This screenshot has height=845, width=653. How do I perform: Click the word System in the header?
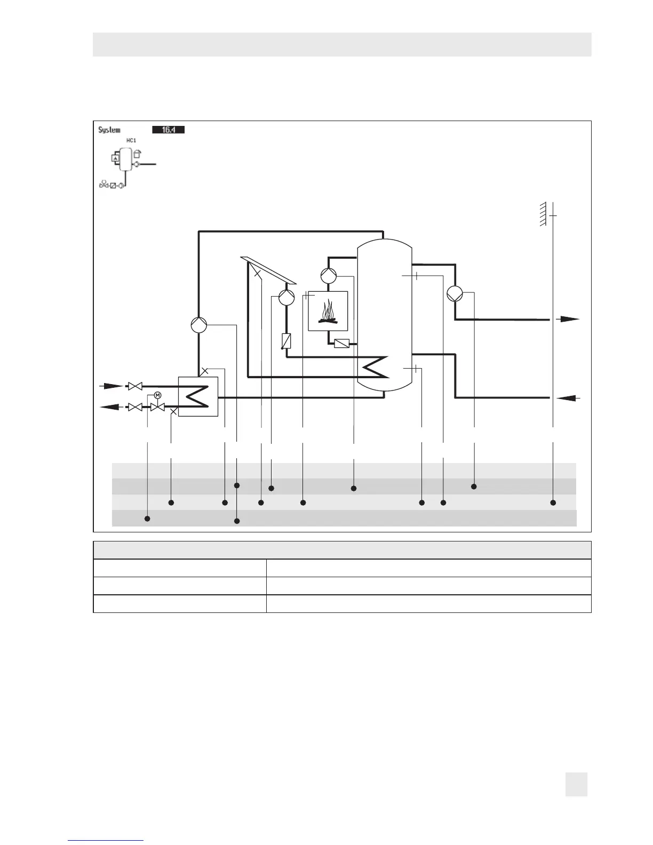tap(109, 130)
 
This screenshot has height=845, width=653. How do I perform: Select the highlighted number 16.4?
tap(168, 130)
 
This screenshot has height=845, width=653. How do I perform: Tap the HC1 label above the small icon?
tap(130, 140)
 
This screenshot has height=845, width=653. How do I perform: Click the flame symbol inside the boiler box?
tap(328, 312)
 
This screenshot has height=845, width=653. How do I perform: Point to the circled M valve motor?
tap(157, 395)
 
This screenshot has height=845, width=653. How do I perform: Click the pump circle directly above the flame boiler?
tap(329, 275)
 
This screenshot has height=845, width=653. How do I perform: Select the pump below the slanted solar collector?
tap(286, 297)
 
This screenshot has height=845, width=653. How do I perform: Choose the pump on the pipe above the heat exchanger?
tap(198, 324)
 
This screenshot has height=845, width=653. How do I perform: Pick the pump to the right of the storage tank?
tap(455, 293)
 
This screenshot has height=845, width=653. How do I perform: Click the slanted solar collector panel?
tap(268, 270)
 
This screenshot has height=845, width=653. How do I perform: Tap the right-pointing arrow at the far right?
tap(567, 319)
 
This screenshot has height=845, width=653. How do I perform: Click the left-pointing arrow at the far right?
tap(567, 398)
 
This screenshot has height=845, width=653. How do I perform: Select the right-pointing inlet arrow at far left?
tap(112, 386)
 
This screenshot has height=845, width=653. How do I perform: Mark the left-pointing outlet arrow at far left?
tap(112, 407)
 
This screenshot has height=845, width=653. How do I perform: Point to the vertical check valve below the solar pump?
tap(286, 341)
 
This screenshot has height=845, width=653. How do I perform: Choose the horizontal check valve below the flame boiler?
tap(341, 344)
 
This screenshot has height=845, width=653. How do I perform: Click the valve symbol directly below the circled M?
tap(157, 407)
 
